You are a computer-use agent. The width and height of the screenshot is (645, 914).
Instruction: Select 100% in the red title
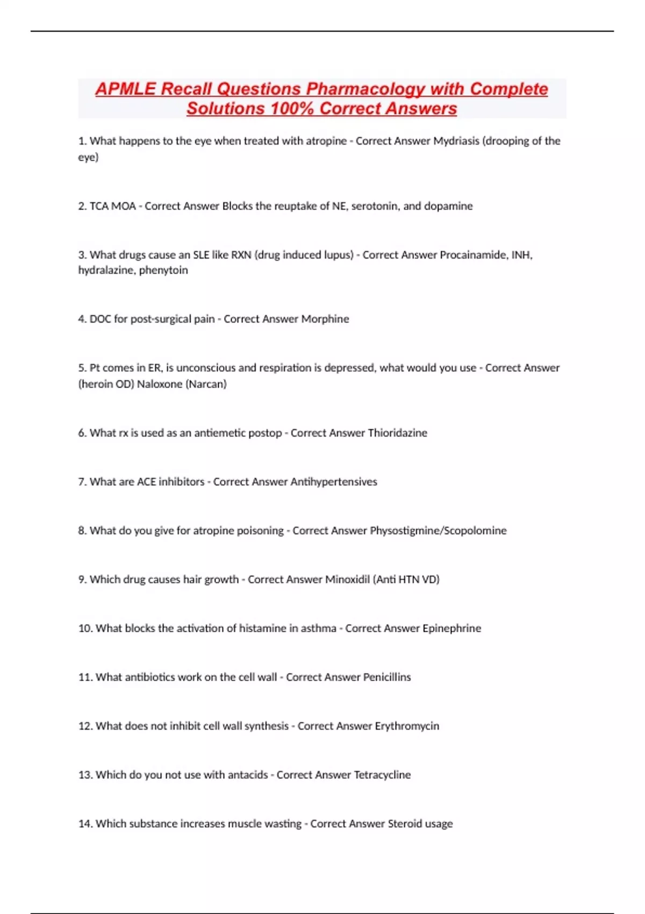(292, 109)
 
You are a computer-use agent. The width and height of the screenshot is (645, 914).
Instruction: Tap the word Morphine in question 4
(325, 319)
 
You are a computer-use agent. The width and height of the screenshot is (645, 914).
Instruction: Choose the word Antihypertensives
(333, 482)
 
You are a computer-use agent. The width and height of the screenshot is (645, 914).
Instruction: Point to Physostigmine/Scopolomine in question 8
(438, 531)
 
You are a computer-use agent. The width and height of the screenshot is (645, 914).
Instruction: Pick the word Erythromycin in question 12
(407, 726)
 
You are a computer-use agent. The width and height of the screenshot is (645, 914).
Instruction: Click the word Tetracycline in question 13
(382, 775)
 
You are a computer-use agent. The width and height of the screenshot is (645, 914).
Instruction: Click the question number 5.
(82, 368)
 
